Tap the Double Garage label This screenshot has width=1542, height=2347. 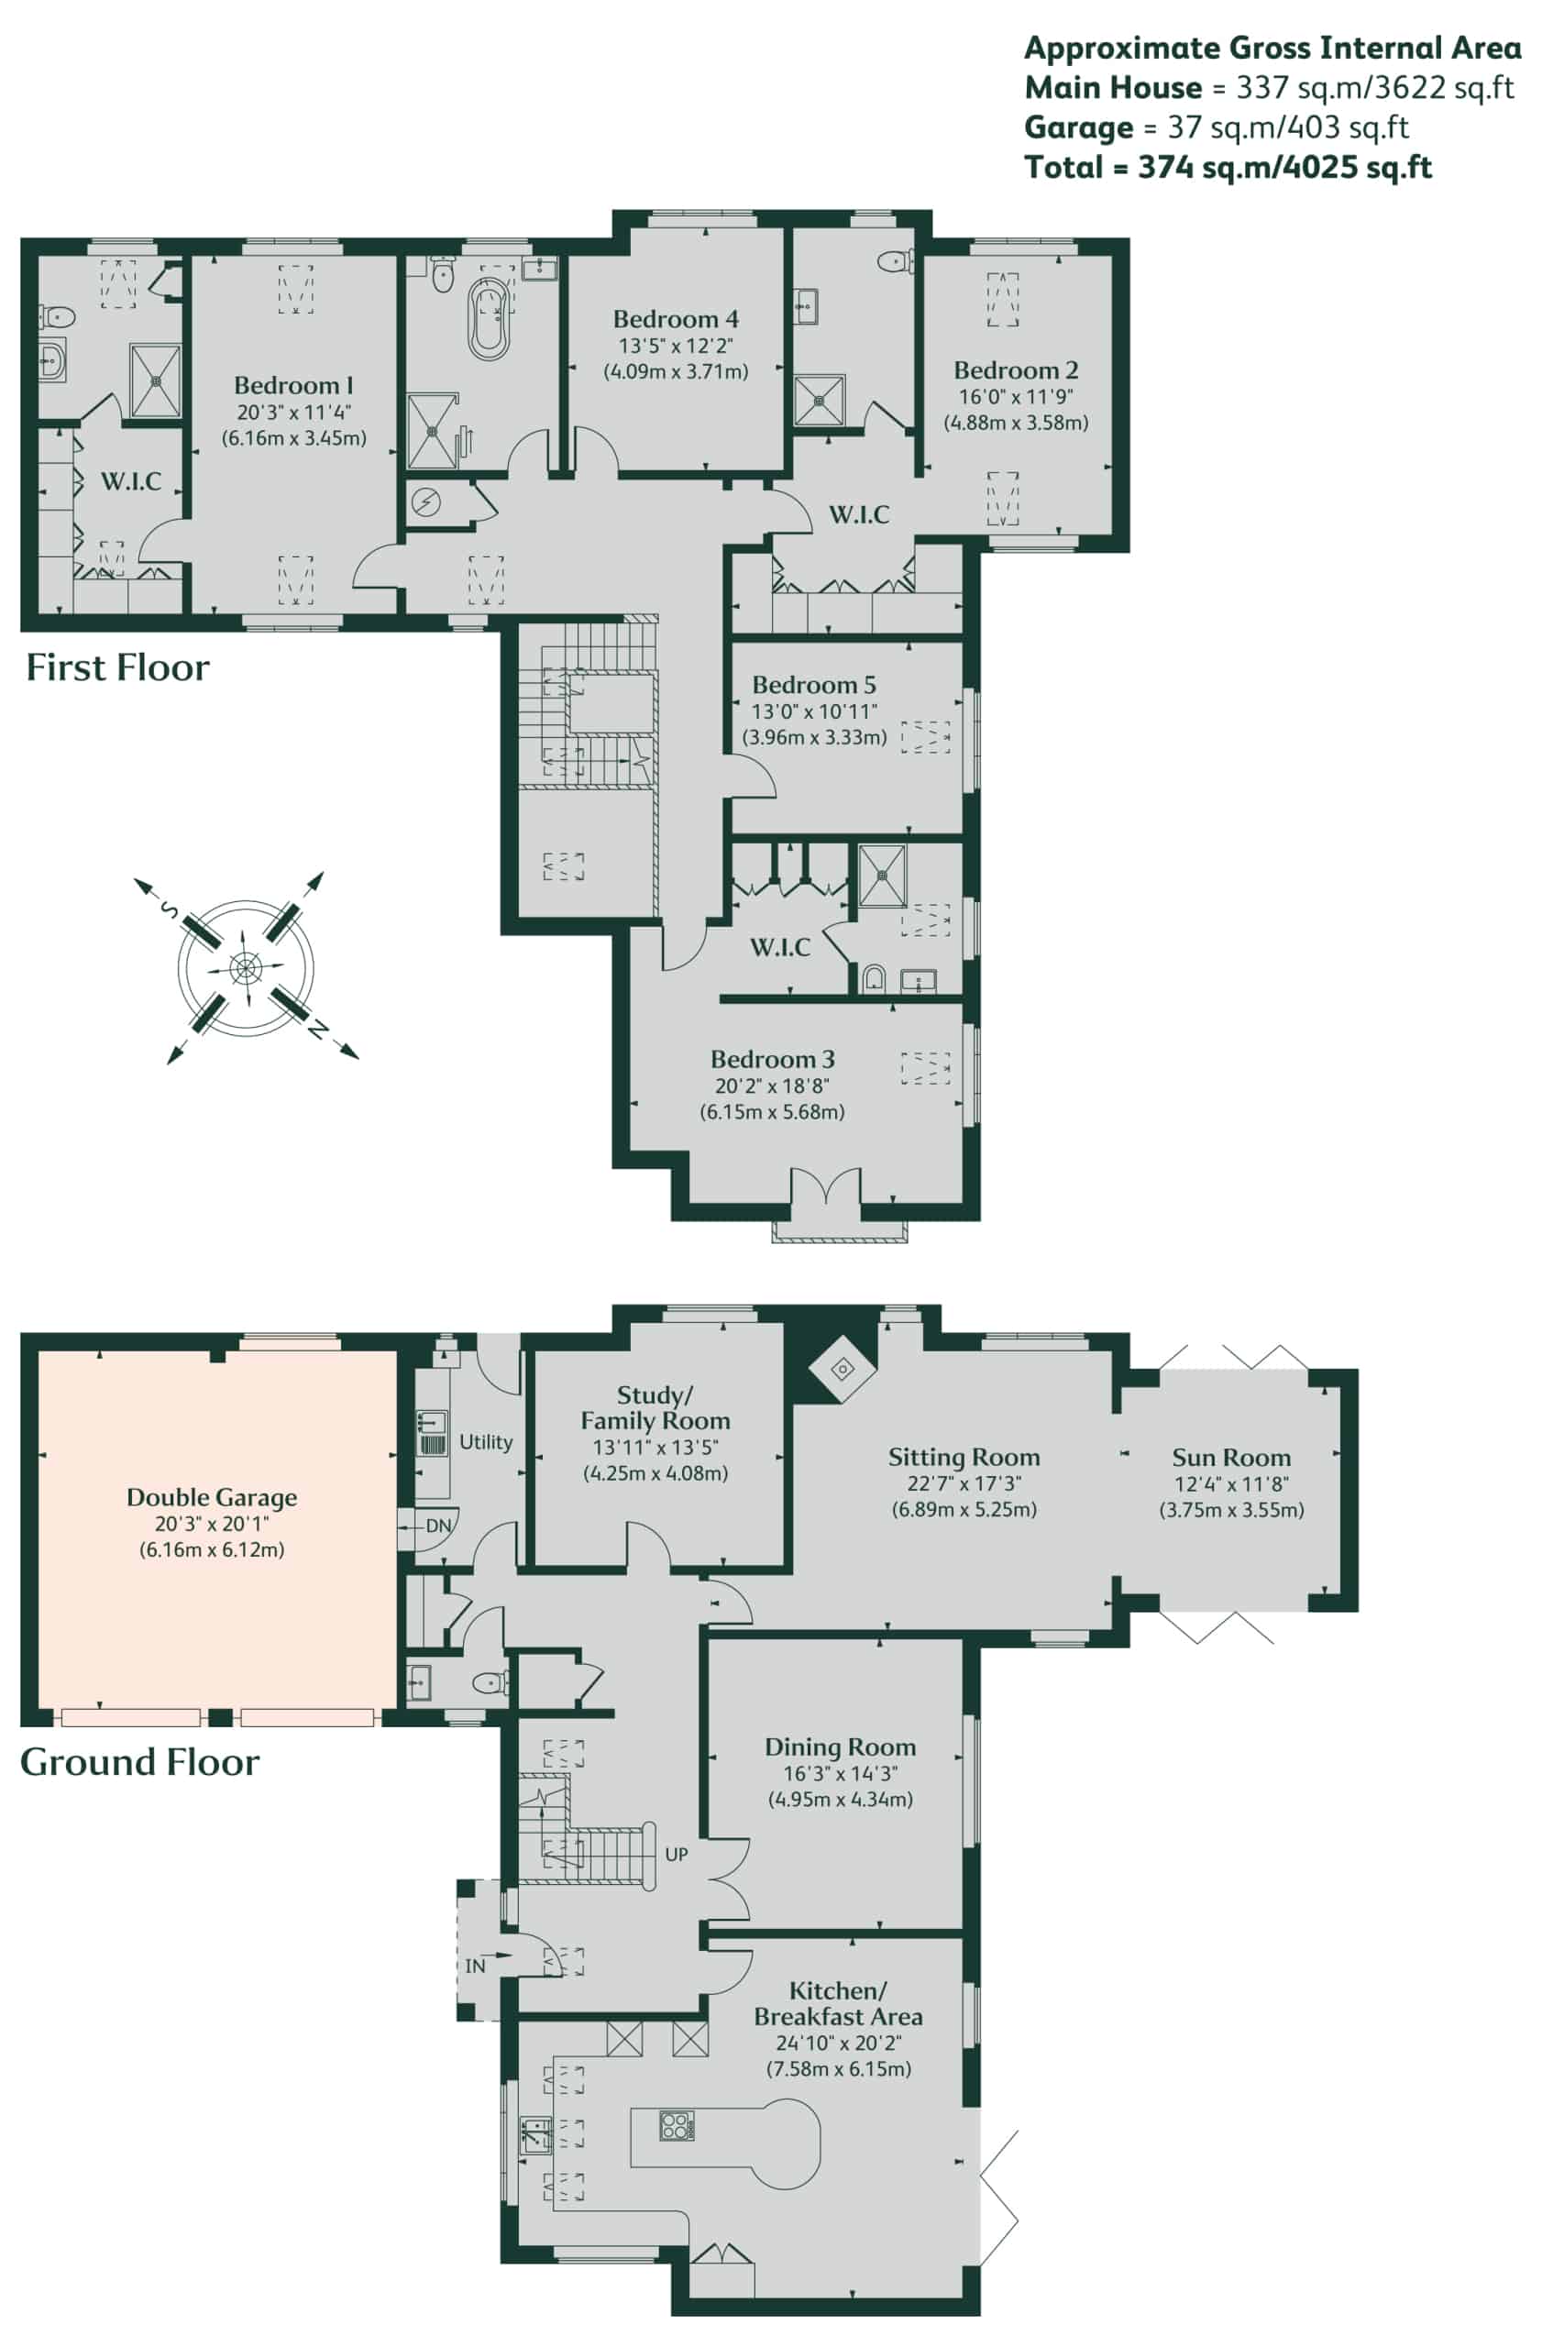tap(211, 1497)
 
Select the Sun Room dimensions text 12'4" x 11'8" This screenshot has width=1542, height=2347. tap(1231, 1483)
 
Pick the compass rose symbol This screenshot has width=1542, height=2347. tap(246, 967)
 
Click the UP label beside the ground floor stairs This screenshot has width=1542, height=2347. tap(677, 1854)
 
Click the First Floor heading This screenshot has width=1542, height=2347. tap(117, 667)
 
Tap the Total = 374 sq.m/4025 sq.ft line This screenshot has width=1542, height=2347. tap(1228, 167)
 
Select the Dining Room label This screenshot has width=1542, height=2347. tap(840, 1746)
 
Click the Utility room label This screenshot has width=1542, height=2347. tap(486, 1442)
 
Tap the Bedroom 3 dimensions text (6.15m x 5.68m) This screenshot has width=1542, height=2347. tap(772, 1111)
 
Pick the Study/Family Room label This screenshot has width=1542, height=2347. tap(655, 1408)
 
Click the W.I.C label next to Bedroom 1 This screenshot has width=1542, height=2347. tap(131, 481)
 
